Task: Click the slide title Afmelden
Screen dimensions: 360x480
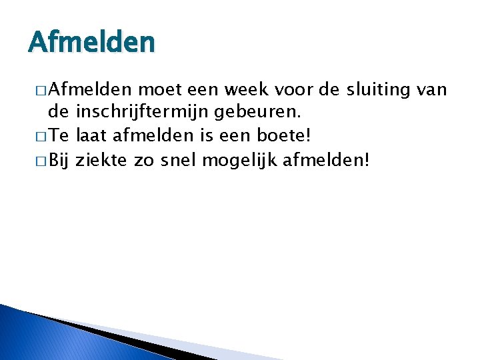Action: pos(91,43)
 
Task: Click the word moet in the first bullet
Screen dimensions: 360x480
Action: pos(159,89)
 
